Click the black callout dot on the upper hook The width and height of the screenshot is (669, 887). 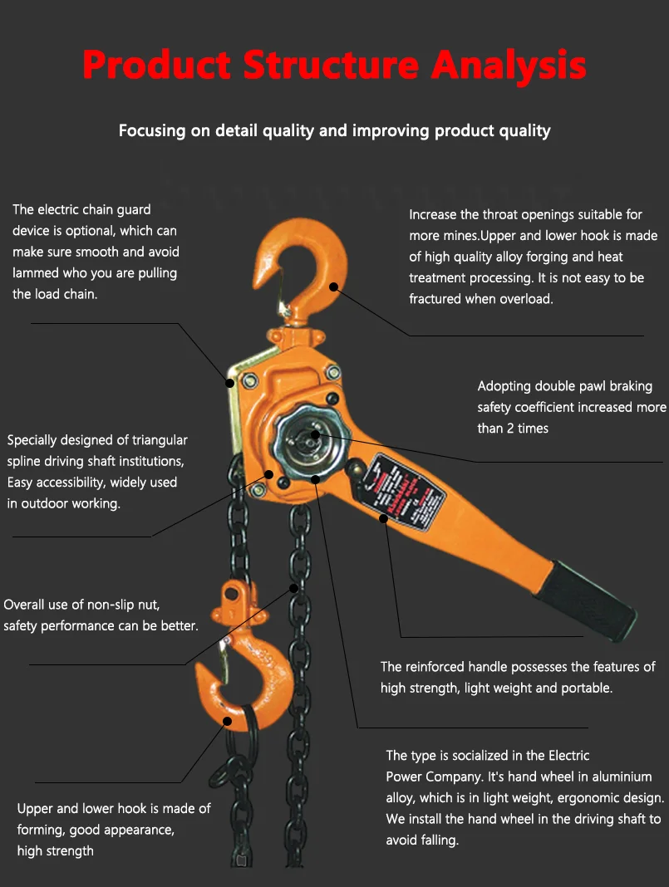pos(333,287)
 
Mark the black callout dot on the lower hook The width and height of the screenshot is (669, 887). pos(227,722)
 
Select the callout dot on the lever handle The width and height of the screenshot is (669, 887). pos(384,519)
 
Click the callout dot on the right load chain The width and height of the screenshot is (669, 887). pos(294,588)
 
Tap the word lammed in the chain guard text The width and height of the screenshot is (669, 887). pos(35,272)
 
